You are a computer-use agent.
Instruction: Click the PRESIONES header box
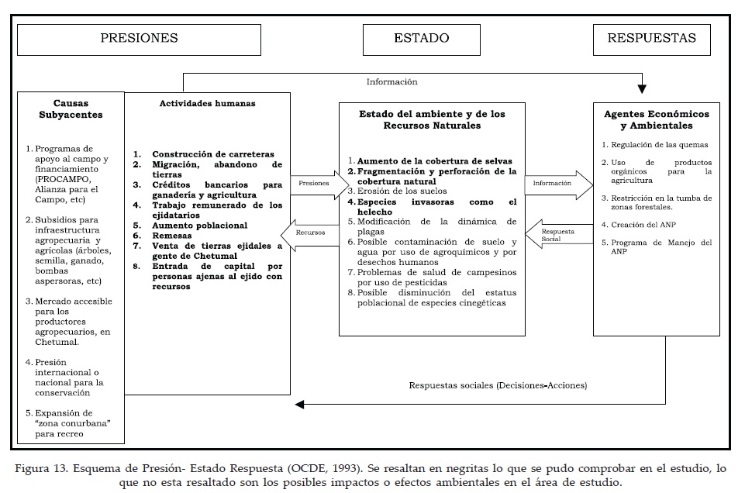pyautogui.click(x=139, y=38)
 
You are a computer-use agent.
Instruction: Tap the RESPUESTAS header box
pyautogui.click(x=651, y=38)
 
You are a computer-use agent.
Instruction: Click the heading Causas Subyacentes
pyautogui.click(x=71, y=109)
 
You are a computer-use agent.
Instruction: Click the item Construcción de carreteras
pyautogui.click(x=212, y=154)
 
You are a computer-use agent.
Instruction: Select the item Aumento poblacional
pyautogui.click(x=199, y=225)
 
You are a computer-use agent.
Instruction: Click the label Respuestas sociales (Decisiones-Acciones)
pyautogui.click(x=498, y=385)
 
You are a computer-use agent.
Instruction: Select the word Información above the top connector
pyautogui.click(x=392, y=81)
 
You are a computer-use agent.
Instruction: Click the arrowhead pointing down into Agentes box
pyautogui.click(x=642, y=87)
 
